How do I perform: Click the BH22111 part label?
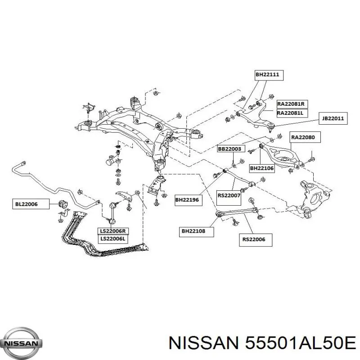[x=269, y=75]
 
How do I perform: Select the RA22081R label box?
[x=292, y=104]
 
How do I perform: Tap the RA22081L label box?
[x=292, y=113]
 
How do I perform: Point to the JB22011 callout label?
[x=333, y=118]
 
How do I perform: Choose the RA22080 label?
[x=305, y=137]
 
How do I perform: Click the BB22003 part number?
[x=231, y=149]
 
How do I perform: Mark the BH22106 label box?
[x=262, y=168]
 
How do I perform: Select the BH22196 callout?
[x=188, y=200]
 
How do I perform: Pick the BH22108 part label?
[x=196, y=231]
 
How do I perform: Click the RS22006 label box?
[x=256, y=240]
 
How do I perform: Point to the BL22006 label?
[x=31, y=204]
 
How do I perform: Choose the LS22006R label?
[x=113, y=231]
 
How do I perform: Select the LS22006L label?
[x=113, y=239]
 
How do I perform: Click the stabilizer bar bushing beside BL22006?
[x=63, y=203]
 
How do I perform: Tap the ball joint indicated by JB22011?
[x=271, y=126]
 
